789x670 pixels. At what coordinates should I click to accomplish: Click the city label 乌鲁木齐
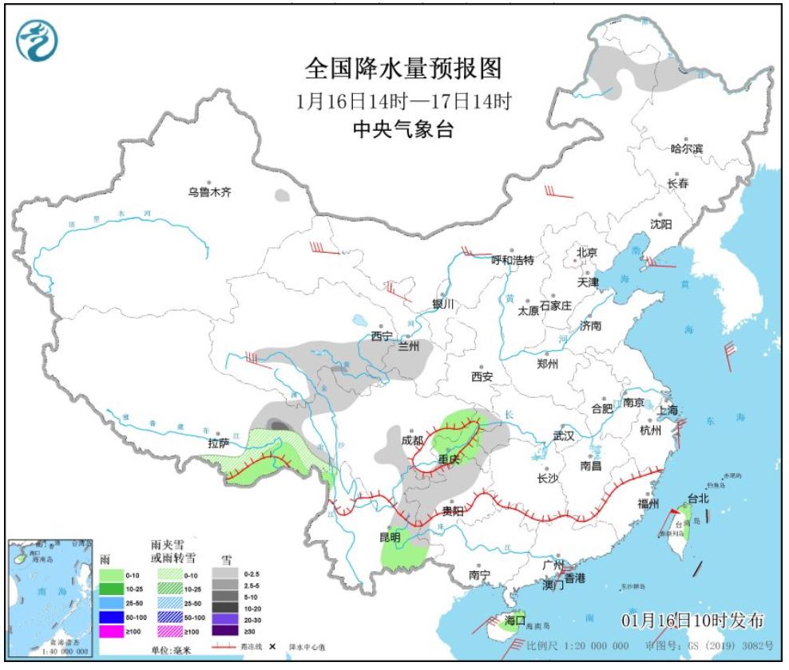[x=209, y=192]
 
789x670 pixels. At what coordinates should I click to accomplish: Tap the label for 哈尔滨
[x=687, y=148]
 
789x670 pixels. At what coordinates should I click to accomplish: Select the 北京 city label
[x=587, y=253]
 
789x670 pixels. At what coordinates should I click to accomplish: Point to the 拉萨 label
[x=219, y=443]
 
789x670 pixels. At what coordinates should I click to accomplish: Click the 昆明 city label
[x=389, y=537]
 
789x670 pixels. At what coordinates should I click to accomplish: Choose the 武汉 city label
[x=563, y=436]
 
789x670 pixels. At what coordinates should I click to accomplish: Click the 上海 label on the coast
[x=670, y=409]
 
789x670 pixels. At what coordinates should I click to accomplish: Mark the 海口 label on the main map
[x=516, y=619]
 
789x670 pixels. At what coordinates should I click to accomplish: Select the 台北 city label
[x=698, y=499]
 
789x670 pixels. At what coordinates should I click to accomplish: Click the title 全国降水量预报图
[x=403, y=69]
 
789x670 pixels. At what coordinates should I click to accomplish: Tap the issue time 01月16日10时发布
[x=692, y=621]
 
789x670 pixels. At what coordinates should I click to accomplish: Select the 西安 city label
[x=482, y=376]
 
